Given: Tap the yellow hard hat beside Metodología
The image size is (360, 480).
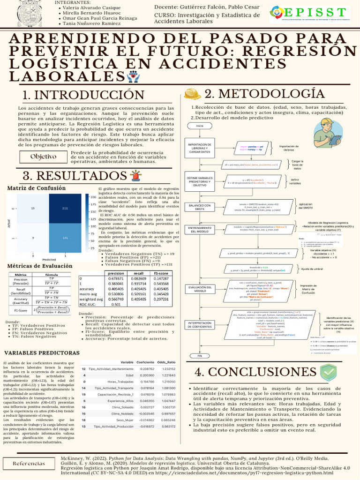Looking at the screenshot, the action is [x=192, y=94].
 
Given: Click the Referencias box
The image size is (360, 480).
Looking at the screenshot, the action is [x=29, y=463].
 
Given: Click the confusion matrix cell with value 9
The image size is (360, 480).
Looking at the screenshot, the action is [x=33, y=238].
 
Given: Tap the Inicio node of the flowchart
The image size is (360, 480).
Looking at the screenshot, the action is [x=200, y=126].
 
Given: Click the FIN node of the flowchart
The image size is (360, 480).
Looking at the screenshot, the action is [x=200, y=356].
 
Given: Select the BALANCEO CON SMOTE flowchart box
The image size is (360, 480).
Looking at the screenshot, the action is [x=200, y=207].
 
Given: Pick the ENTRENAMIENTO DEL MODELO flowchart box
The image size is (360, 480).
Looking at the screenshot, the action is [x=200, y=229].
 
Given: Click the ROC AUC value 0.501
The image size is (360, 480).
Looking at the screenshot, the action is [x=116, y=304].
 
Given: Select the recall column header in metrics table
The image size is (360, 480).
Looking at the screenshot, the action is [x=139, y=273].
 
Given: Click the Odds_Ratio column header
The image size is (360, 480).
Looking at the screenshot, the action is [x=166, y=349].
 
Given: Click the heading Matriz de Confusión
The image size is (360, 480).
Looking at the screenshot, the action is [x=36, y=188].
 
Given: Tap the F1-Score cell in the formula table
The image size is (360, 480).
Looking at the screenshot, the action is [x=21, y=310].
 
